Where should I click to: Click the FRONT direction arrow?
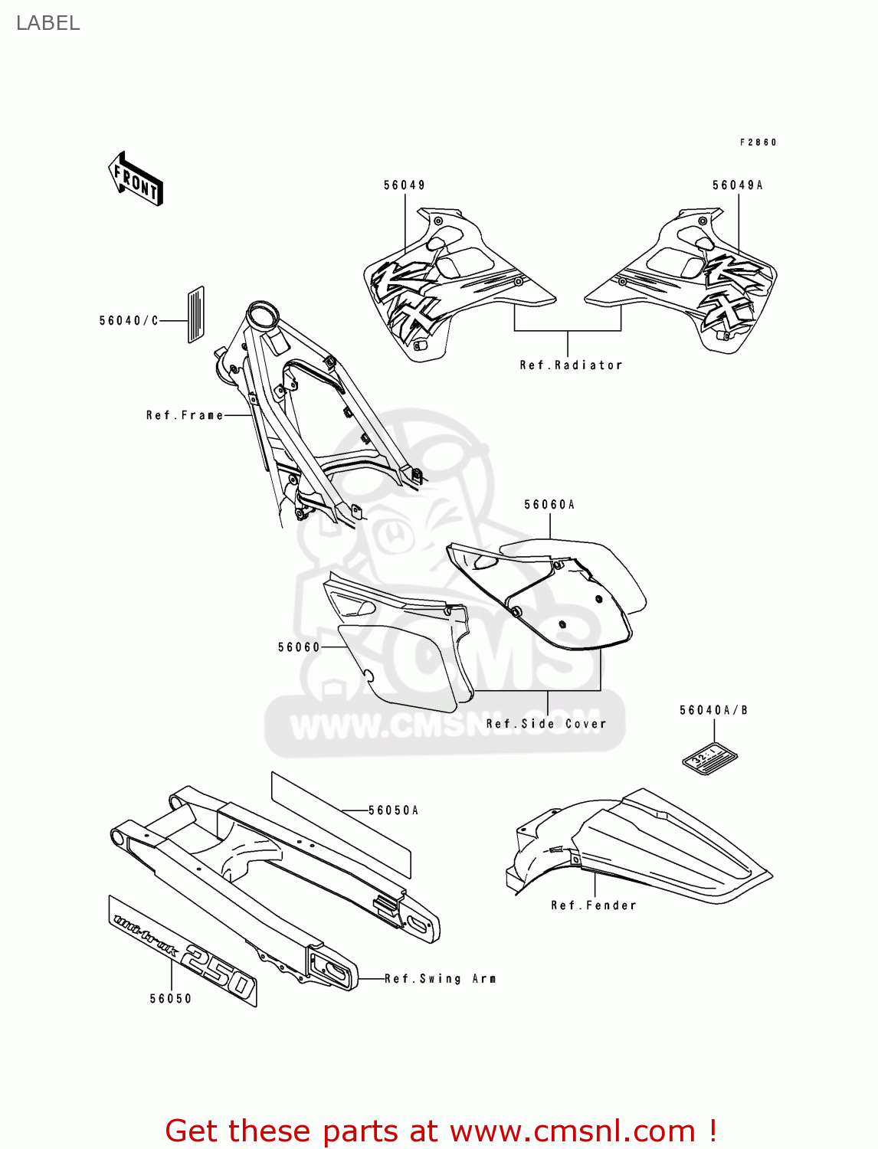tap(136, 178)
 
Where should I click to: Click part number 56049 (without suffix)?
tap(405, 185)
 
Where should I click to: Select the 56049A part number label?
tap(737, 185)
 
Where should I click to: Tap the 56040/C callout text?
tap(129, 321)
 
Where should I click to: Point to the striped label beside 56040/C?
tap(195, 314)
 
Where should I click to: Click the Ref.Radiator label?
tap(571, 365)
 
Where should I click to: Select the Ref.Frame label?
tap(185, 415)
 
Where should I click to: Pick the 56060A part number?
tap(549, 505)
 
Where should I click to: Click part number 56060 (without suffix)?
tap(299, 647)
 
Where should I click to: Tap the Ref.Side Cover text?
tap(545, 724)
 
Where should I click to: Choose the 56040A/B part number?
tap(713, 711)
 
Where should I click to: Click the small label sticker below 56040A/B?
tap(709, 758)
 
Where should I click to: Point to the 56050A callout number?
tap(393, 810)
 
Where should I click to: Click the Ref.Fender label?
tap(594, 905)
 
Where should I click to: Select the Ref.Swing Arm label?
tap(440, 979)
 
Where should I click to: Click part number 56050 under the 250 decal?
tap(171, 999)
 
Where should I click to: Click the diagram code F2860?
tap(758, 142)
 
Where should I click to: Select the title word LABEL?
tap(48, 23)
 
